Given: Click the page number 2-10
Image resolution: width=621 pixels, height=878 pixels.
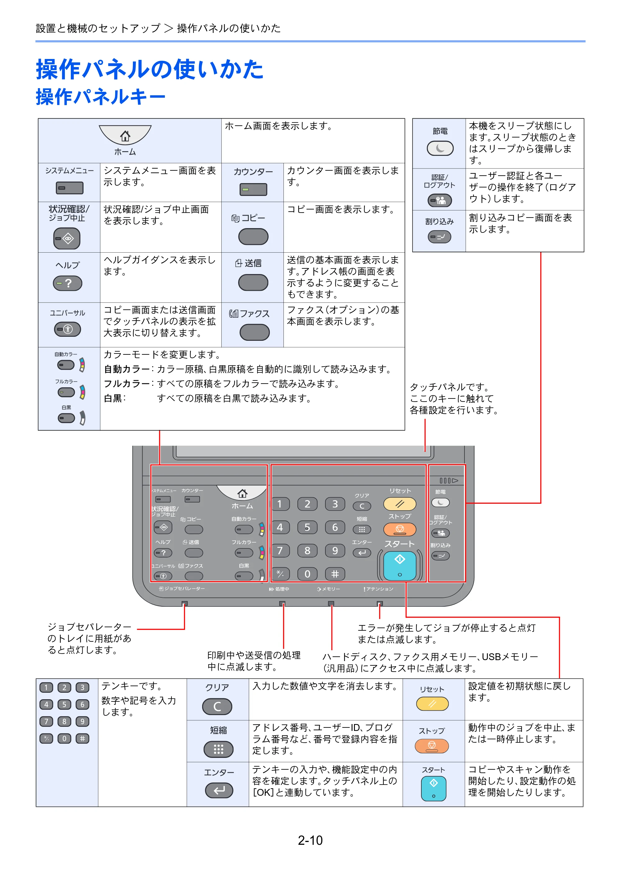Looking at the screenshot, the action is pos(310,840).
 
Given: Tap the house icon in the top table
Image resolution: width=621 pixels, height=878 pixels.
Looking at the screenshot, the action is pos(125,136).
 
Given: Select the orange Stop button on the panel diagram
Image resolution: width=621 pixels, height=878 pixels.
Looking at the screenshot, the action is pos(400,529).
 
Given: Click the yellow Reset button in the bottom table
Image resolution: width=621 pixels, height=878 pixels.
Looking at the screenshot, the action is pos(432,704).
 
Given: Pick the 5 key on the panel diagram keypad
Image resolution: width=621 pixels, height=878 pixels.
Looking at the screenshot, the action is pos(307,527).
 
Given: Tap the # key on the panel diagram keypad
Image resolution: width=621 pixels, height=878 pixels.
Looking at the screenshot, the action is pos(335,574).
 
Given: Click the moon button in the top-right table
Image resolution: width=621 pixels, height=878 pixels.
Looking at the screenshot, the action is pos(440,148).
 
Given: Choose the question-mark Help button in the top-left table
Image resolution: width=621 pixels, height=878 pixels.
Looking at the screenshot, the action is pos(67,283).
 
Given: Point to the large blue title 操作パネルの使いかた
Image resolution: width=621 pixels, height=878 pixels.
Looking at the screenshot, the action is pos(150,69).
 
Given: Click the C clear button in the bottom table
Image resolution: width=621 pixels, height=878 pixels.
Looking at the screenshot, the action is pos(217,706).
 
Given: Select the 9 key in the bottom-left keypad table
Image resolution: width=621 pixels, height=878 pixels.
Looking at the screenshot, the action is pos(82,721).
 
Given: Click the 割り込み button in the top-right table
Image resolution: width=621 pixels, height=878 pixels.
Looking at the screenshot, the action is pos(439,237).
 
